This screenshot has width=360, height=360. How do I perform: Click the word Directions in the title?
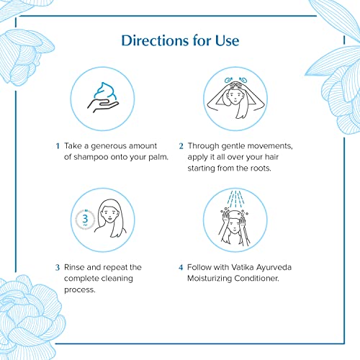(x=155, y=40)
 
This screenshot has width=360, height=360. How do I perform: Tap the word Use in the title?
(x=227, y=40)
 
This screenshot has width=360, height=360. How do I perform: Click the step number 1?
(x=58, y=146)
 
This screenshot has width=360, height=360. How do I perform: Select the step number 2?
(x=181, y=146)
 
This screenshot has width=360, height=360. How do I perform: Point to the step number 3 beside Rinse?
(x=58, y=267)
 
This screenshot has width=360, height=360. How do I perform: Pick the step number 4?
(x=181, y=267)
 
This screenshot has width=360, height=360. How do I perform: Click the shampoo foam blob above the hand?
(x=105, y=91)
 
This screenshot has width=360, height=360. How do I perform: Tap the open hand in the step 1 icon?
(x=103, y=106)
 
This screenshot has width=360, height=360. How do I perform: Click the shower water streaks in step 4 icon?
(x=235, y=199)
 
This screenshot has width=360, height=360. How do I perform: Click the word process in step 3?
(x=80, y=290)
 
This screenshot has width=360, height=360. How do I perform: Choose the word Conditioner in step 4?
(x=256, y=279)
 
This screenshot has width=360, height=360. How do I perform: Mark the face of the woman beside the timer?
(x=109, y=215)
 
